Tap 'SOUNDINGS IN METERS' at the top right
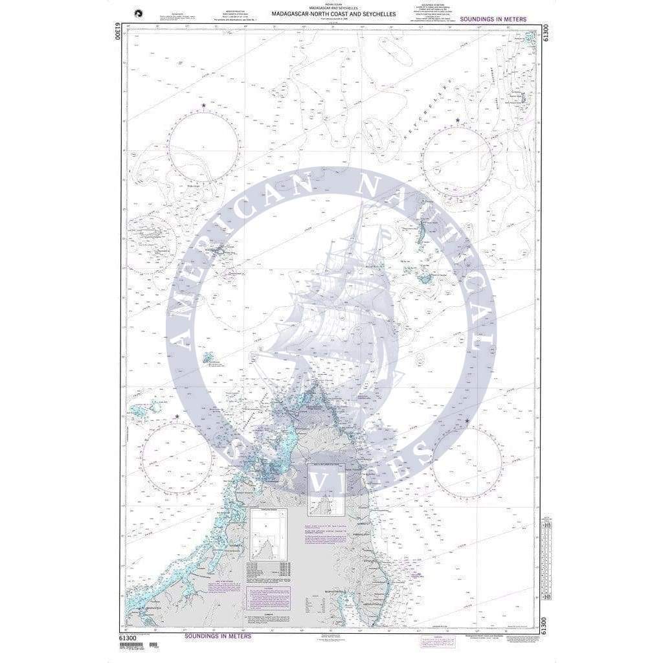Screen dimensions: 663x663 (x=493, y=20)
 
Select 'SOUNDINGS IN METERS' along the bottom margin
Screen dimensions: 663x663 (x=218, y=636)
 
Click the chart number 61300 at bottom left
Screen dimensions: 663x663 (x=128, y=638)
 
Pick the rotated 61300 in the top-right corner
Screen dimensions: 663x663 (x=546, y=31)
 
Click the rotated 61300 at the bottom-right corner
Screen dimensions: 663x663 (x=546, y=625)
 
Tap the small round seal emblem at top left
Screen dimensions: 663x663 (x=137, y=11)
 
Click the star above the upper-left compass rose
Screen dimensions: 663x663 (x=204, y=106)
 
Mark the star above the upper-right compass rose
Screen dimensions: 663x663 (x=458, y=120)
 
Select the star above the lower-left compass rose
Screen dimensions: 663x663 (x=177, y=417)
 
